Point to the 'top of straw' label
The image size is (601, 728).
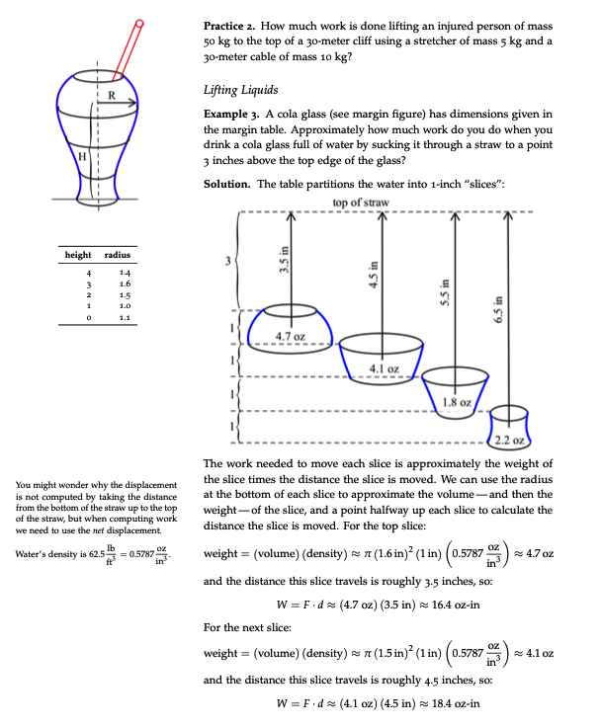coord(362,202)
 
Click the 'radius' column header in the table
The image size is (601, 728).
coord(120,256)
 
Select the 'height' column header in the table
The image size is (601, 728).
coord(79,256)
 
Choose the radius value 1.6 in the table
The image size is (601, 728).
coord(124,282)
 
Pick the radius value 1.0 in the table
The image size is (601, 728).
coord(124,306)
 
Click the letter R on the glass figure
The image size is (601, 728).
coord(111,95)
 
